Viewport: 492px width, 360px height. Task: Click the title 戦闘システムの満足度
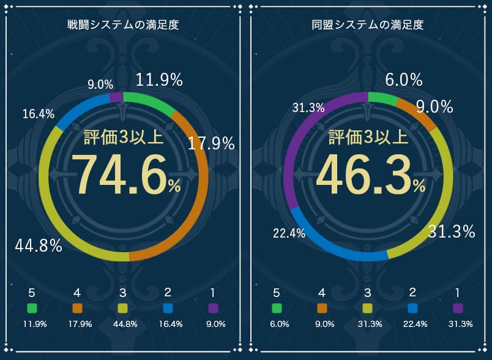(x=123, y=25)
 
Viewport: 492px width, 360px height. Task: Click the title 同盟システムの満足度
(x=367, y=25)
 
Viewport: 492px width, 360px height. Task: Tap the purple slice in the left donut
(x=116, y=97)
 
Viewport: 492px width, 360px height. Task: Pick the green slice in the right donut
(x=382, y=98)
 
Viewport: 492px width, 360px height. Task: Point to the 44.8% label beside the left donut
(x=39, y=247)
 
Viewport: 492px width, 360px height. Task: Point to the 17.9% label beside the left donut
(x=211, y=144)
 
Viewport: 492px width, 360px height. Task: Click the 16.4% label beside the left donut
(x=39, y=114)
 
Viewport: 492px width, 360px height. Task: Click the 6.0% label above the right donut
(x=404, y=80)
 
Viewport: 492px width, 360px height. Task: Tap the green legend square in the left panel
(x=32, y=307)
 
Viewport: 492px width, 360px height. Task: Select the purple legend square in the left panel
(x=214, y=307)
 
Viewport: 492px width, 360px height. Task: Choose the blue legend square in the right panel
(x=412, y=307)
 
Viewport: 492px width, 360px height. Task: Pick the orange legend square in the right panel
(x=322, y=307)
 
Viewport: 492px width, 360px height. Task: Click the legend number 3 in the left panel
(x=123, y=292)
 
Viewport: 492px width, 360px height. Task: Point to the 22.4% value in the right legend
(x=412, y=324)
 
